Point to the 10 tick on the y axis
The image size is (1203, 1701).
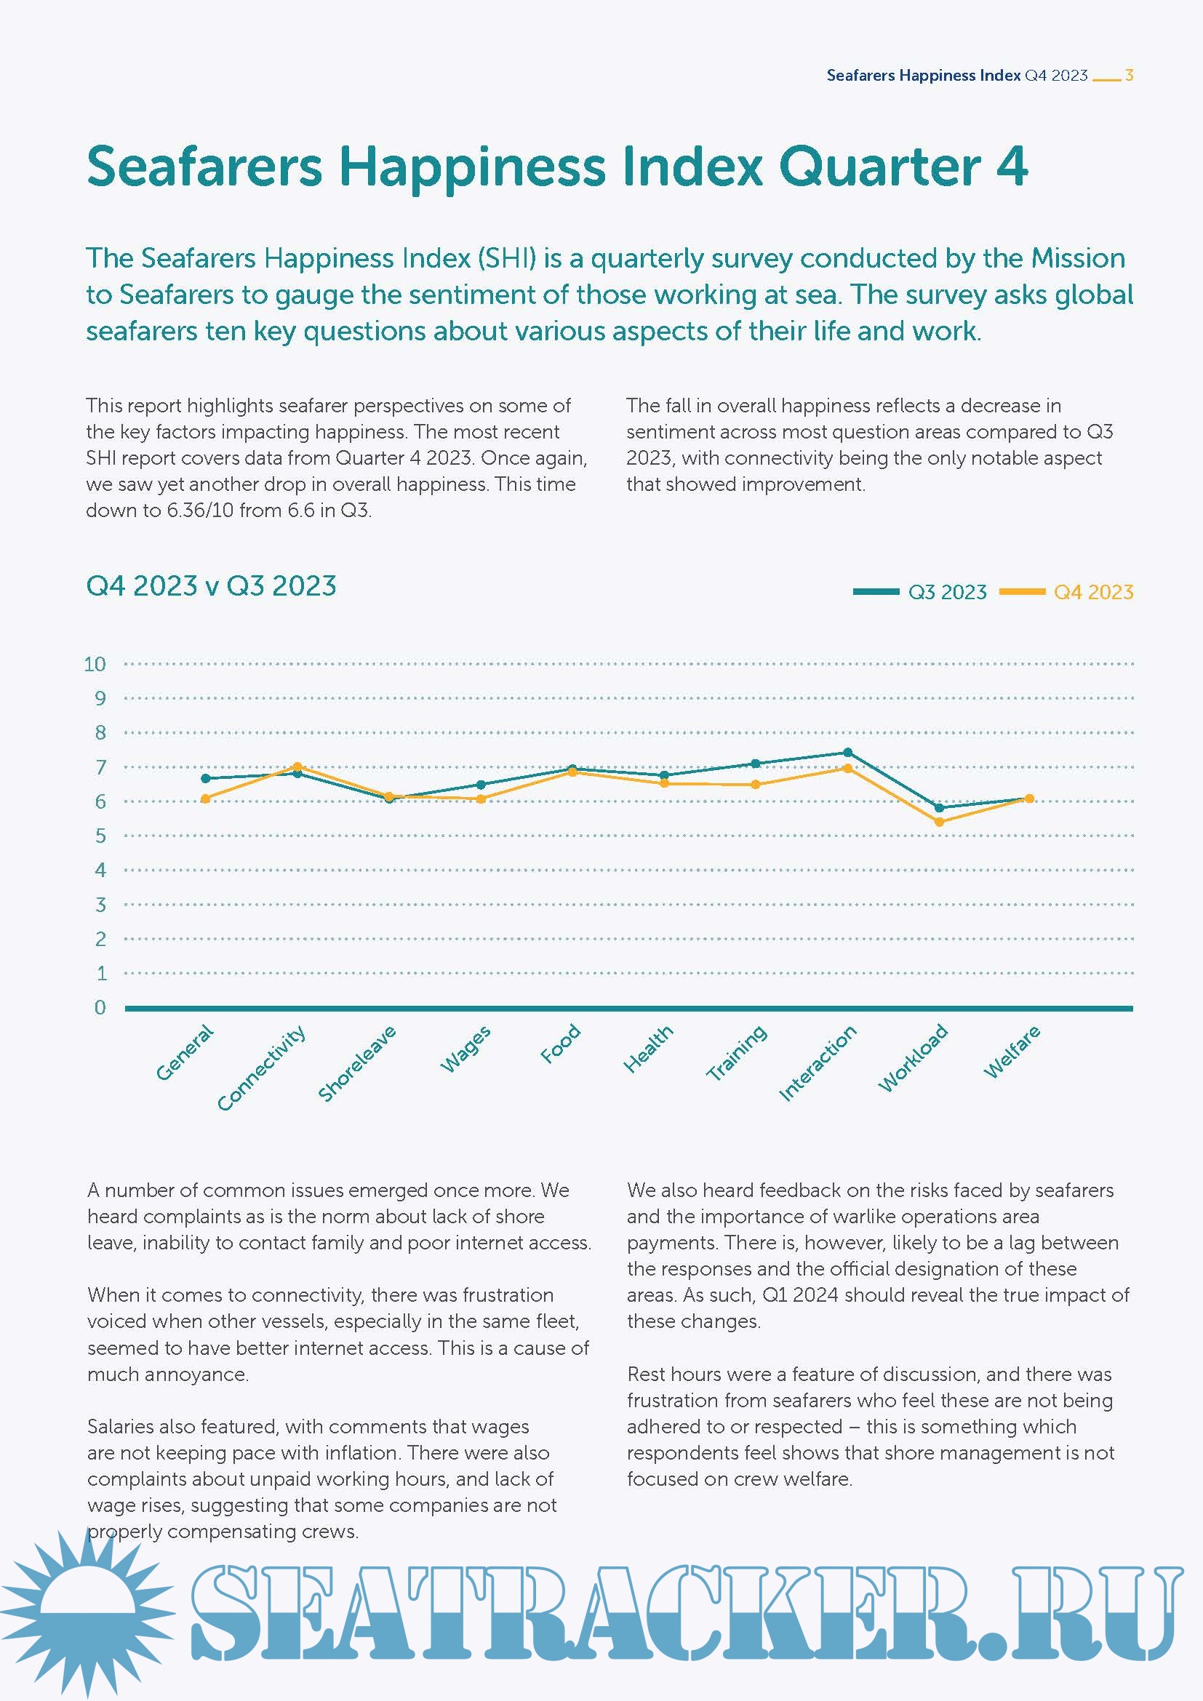point(95,664)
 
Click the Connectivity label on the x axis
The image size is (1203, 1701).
point(262,1068)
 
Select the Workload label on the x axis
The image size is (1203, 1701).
point(913,1057)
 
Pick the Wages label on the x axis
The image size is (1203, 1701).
point(465,1049)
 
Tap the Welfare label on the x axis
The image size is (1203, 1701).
point(1012,1052)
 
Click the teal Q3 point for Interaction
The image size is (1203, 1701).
point(848,753)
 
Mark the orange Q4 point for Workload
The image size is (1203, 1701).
point(939,822)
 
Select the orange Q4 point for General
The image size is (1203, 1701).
point(205,799)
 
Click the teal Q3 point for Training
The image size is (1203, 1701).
point(756,763)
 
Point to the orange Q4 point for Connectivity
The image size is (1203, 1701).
point(297,767)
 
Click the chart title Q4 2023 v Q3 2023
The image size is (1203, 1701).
point(211,586)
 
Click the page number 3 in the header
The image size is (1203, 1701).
point(1129,75)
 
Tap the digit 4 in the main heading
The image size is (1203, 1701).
point(1012,166)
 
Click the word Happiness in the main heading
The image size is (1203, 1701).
point(473,166)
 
